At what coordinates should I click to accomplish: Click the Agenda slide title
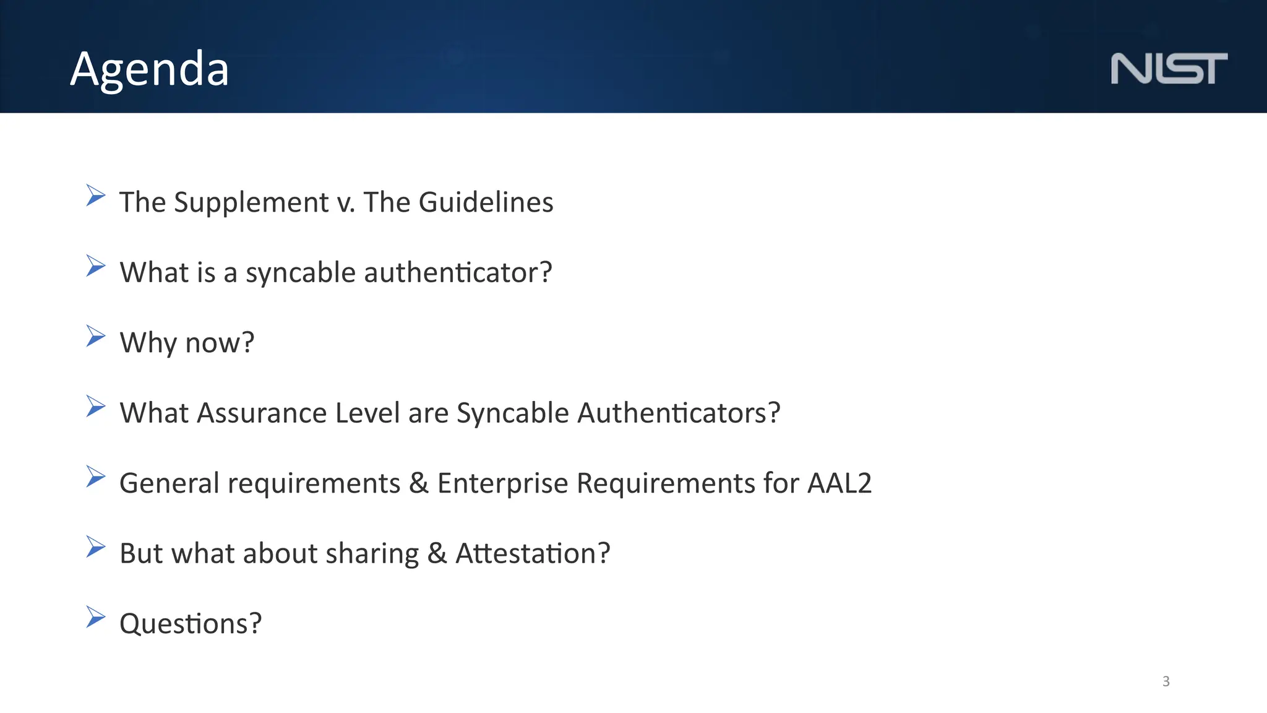point(150,69)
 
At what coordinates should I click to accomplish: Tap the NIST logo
point(1169,69)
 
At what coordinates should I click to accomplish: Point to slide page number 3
point(1166,681)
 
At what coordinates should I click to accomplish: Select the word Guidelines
point(486,202)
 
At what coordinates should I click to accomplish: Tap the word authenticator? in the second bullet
point(458,272)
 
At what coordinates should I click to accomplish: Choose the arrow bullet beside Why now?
point(96,336)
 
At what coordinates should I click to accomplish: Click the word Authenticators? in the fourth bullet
point(679,413)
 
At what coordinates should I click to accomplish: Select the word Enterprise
point(502,483)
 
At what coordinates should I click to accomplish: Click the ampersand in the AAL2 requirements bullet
point(419,483)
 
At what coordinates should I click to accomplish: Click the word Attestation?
point(533,553)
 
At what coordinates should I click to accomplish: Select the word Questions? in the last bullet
point(191,624)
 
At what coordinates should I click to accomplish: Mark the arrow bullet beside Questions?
point(96,617)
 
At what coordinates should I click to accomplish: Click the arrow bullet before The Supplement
point(96,196)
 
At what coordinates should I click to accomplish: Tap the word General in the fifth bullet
point(169,483)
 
